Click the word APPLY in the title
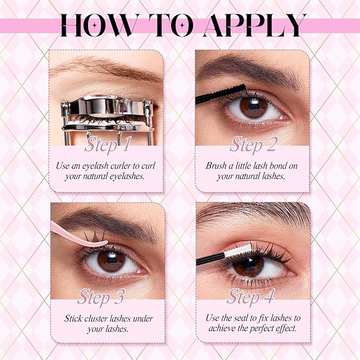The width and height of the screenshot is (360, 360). click(x=254, y=25)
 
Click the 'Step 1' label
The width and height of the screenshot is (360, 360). click(x=108, y=144)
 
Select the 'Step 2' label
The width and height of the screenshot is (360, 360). click(x=254, y=144)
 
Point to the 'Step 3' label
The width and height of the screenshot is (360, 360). click(x=101, y=296)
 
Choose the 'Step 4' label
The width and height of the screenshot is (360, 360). click(x=251, y=296)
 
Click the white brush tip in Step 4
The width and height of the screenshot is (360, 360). click(x=238, y=251)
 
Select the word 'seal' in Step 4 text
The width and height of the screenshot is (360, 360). click(x=242, y=318)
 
